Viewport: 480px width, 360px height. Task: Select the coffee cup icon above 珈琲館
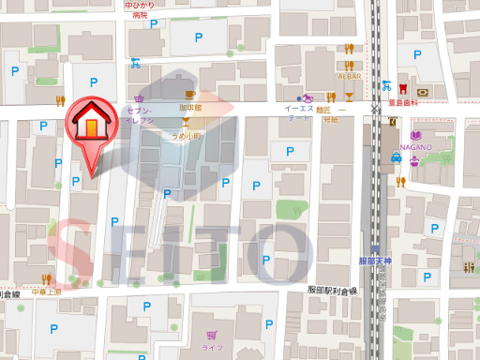point(190,94)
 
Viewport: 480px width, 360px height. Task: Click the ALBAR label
point(349,75)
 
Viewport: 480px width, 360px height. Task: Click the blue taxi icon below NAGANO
point(397,157)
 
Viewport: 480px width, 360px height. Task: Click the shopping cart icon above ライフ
point(215,334)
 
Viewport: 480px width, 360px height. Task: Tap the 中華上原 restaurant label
point(45,292)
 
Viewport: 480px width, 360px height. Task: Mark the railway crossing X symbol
point(375,109)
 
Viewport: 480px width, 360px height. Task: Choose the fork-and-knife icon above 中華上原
point(47,278)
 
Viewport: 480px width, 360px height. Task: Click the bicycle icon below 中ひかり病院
point(137,65)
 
